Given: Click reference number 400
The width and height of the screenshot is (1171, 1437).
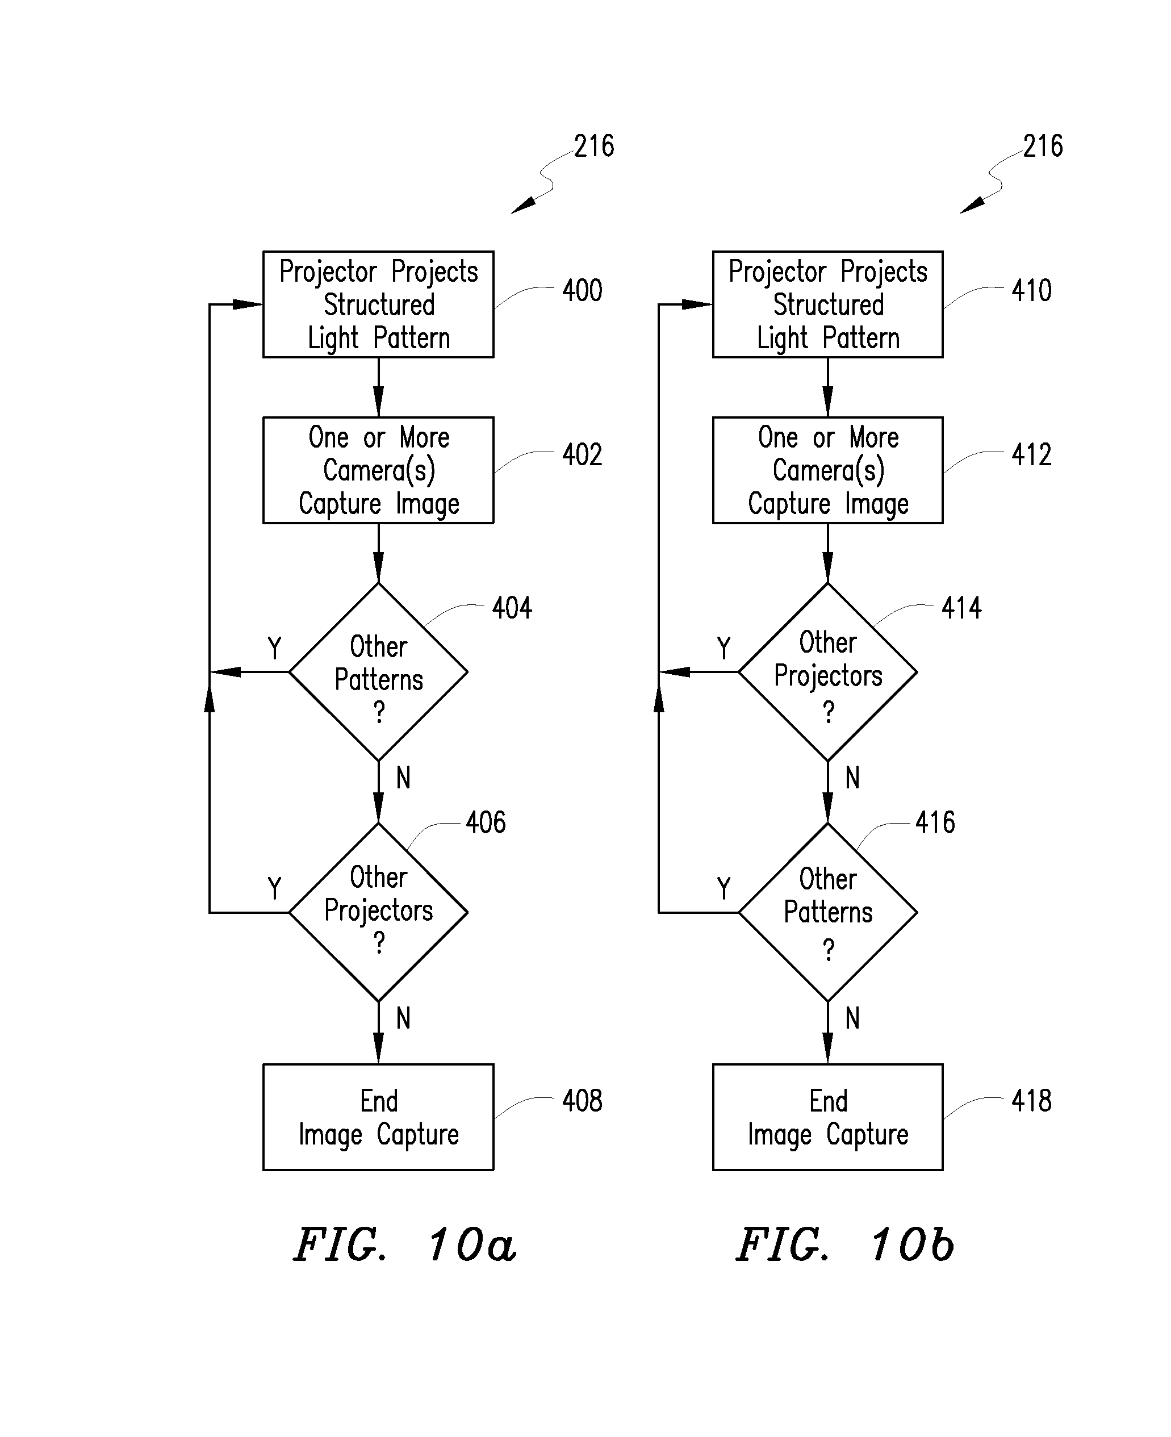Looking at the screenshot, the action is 582,291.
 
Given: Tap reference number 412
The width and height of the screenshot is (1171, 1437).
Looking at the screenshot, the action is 1031,455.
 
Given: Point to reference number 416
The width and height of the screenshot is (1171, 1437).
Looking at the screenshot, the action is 934,822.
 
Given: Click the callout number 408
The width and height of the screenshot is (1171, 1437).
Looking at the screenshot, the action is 582,1101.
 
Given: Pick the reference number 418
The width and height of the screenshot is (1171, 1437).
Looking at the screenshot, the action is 1031,1101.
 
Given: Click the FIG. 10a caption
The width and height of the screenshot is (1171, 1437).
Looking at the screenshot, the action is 405,1244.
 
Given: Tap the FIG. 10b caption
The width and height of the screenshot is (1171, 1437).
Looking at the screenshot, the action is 845,1244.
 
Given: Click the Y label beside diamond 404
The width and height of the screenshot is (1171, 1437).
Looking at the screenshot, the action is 274,648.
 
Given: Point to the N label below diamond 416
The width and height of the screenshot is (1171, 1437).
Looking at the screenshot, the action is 852,1018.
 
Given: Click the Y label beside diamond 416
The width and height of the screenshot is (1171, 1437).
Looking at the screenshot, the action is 723,888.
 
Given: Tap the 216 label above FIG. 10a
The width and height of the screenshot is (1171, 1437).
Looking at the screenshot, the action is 593,147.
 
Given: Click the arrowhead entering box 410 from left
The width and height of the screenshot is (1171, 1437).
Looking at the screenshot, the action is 697,304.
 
